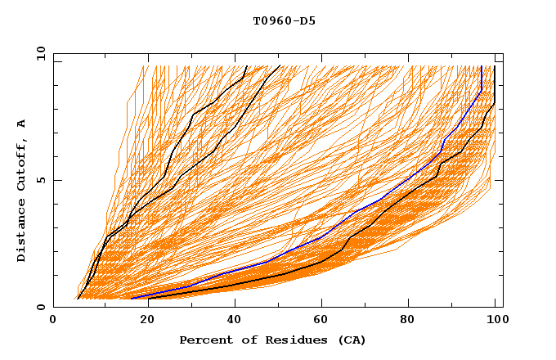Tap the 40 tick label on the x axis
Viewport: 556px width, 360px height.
(x=234, y=321)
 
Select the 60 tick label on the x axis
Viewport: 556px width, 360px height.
(x=322, y=321)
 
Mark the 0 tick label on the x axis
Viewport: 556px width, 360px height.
(x=53, y=321)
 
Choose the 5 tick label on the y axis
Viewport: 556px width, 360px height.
(x=40, y=180)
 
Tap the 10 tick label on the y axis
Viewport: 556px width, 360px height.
(x=38, y=52)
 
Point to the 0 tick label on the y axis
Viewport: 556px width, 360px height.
(x=40, y=307)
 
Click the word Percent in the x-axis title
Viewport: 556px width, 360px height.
(x=206, y=340)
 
